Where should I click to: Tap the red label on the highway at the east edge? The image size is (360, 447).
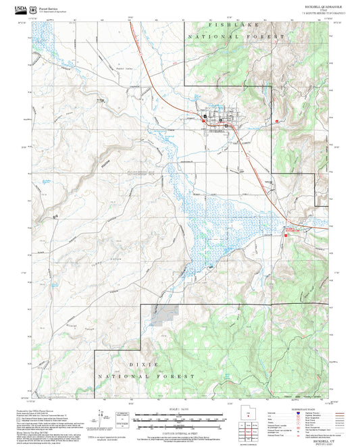(x=295, y=230)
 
